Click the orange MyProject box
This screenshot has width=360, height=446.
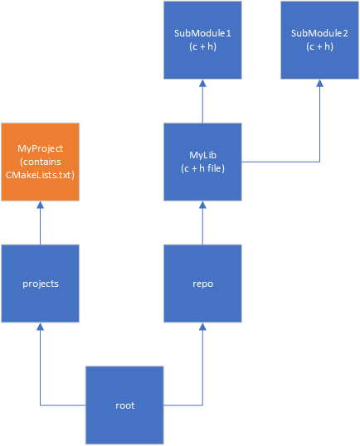click(40, 162)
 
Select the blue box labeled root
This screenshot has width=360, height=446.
click(124, 405)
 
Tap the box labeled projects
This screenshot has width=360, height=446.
click(40, 284)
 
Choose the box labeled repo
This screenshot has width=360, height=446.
click(202, 284)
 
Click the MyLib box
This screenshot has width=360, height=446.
click(202, 162)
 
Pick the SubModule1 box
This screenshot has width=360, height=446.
click(202, 40)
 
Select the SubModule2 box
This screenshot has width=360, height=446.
click(319, 40)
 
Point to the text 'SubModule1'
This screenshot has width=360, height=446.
click(202, 33)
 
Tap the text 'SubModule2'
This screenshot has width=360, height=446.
click(319, 33)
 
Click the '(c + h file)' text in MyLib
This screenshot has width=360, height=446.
click(202, 168)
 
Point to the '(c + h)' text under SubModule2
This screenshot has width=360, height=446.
click(319, 46)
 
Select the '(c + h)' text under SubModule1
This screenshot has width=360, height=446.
click(202, 46)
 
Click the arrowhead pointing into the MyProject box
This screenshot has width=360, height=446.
click(40, 206)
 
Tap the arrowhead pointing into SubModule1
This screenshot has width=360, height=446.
click(202, 84)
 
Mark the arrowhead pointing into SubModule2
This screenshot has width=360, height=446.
click(319, 84)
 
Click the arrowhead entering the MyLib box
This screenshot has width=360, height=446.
click(202, 206)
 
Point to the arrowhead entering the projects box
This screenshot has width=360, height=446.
click(40, 327)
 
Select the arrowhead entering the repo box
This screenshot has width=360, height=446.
click(202, 327)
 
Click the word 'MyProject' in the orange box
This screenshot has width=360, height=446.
click(40, 148)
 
